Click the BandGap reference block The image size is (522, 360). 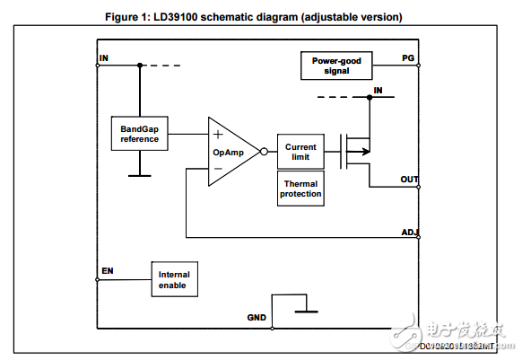pos(139,134)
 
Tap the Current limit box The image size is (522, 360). pos(300,152)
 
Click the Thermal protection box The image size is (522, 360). pos(300,189)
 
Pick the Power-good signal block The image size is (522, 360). pos(336,66)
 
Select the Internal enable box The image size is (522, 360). pos(174,279)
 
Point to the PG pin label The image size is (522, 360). pos(408,57)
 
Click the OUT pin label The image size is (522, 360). pos(409,180)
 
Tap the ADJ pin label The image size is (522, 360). pos(409,233)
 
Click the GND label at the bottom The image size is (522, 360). pos(257,318)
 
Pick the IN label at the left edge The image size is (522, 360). pos(103,57)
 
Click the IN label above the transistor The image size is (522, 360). pos(378,90)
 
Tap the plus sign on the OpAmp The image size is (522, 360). pos(218,134)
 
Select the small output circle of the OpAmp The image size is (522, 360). pos(264,152)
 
